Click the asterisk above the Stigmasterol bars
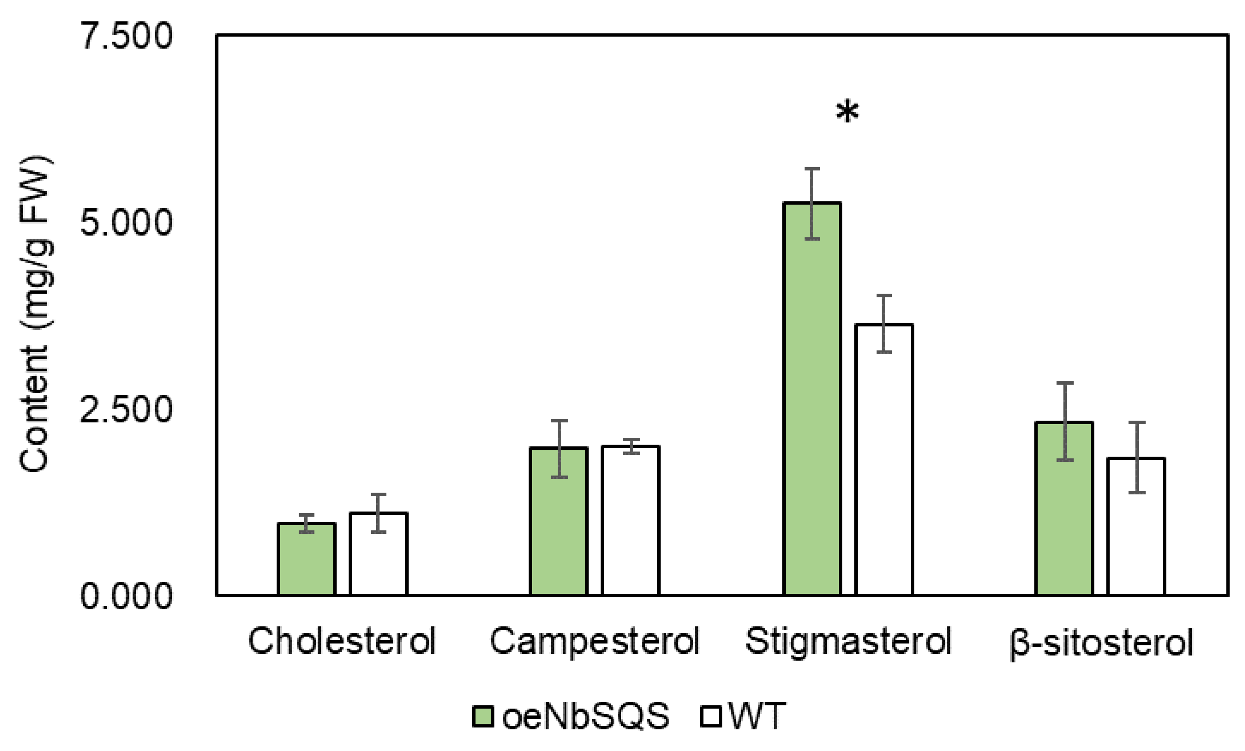click(847, 112)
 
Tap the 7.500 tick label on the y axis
click(126, 36)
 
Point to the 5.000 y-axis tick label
click(126, 222)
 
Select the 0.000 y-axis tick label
click(126, 596)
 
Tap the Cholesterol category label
click(341, 641)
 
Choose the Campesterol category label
click(594, 641)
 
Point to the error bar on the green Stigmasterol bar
click(812, 203)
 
